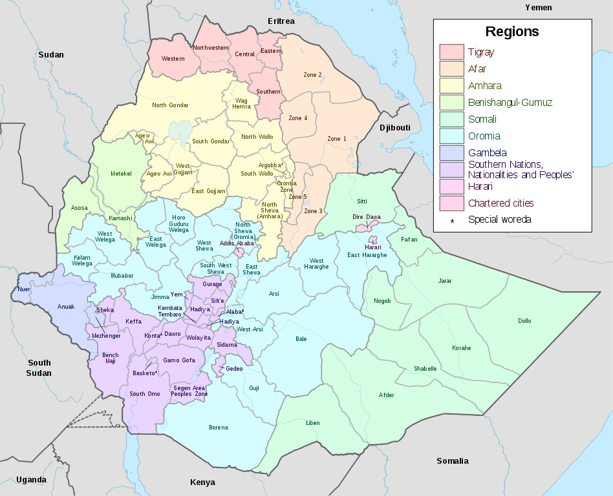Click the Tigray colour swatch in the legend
451,52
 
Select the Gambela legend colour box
451,152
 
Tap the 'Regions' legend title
512,32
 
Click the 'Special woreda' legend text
499,220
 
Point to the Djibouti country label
394,128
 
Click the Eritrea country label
281,21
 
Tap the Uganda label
31,479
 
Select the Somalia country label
452,460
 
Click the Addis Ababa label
236,243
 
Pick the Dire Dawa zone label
367,217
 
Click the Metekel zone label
121,174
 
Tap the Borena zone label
219,428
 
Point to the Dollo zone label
524,321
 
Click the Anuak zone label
66,307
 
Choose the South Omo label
145,394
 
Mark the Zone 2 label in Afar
313,75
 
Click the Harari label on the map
373,247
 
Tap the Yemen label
538,7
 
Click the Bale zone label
301,338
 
